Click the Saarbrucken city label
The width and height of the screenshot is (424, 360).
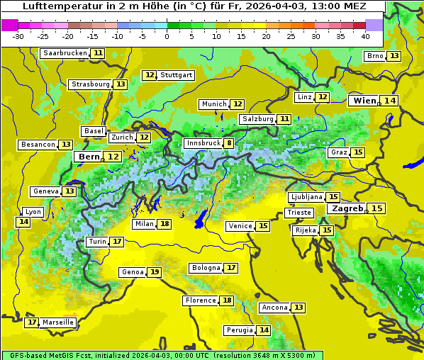click(65, 53)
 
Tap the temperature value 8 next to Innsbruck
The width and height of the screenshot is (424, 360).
click(228, 143)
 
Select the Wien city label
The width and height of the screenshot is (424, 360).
click(365, 101)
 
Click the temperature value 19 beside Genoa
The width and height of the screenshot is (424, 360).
click(154, 272)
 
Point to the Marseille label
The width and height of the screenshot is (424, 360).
click(58, 322)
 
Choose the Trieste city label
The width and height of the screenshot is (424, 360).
click(298, 213)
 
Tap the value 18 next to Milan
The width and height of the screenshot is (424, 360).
click(164, 224)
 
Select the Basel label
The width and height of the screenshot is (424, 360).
click(94, 131)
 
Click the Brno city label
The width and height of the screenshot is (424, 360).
click(374, 56)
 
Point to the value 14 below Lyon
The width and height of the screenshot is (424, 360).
click(23, 222)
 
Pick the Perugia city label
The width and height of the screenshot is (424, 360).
click(238, 330)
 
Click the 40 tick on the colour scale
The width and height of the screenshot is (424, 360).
click(364, 36)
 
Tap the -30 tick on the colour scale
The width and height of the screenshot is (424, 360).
click(18, 36)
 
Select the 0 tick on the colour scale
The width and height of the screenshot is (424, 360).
click(167, 36)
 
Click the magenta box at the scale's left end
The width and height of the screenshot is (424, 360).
click(9, 25)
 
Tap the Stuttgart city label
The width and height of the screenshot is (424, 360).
click(176, 75)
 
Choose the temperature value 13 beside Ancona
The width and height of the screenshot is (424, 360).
click(299, 308)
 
